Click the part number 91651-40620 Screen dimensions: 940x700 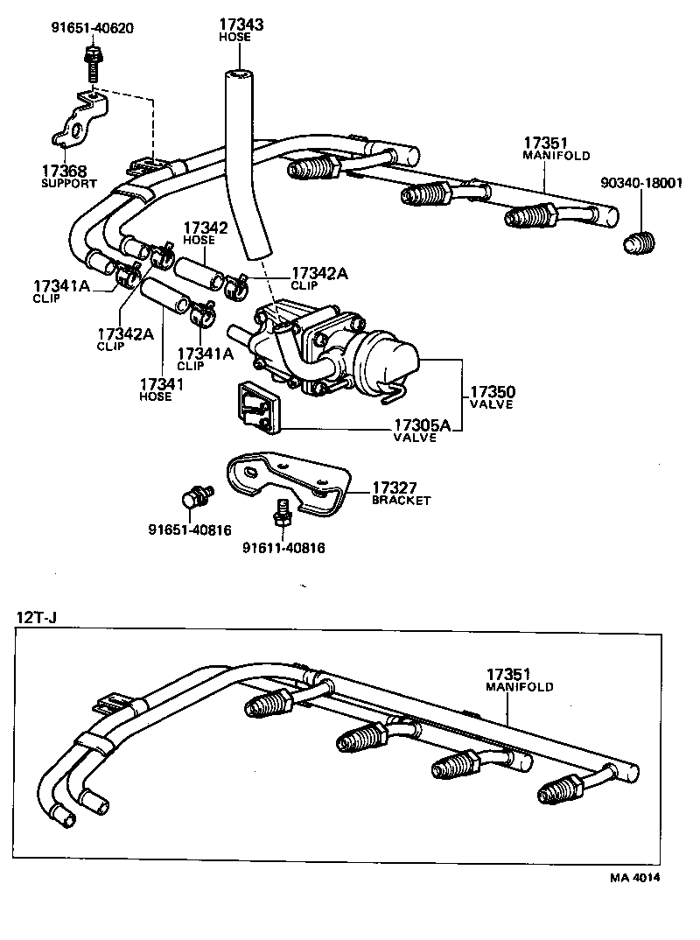(x=91, y=28)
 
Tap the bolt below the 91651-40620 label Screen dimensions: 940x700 (x=90, y=60)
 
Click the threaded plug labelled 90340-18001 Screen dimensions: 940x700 (x=640, y=242)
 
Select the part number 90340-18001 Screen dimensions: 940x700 (x=647, y=183)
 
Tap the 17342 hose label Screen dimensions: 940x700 (x=205, y=228)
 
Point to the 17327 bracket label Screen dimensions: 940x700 (x=399, y=488)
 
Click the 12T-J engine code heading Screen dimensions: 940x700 (x=36, y=619)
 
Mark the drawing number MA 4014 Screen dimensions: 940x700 (x=636, y=877)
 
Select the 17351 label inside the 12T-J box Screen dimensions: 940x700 (x=509, y=674)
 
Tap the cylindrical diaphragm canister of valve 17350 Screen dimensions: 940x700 (x=390, y=359)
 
